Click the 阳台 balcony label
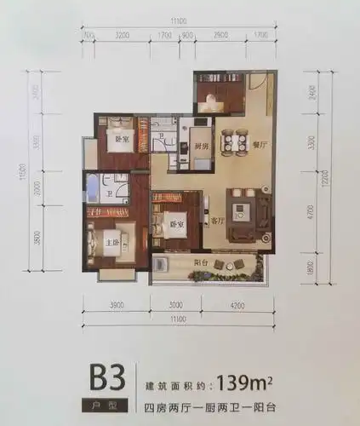coord(202,263)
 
